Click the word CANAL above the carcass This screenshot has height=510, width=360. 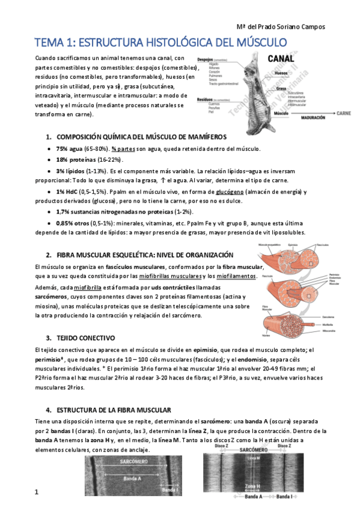pos(280,59)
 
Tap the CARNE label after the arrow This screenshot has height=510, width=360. pos(344,112)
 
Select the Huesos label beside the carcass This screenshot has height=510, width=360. pos(281,73)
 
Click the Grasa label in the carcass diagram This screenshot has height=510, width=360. pos(281,88)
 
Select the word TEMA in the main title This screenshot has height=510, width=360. pos(50,42)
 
